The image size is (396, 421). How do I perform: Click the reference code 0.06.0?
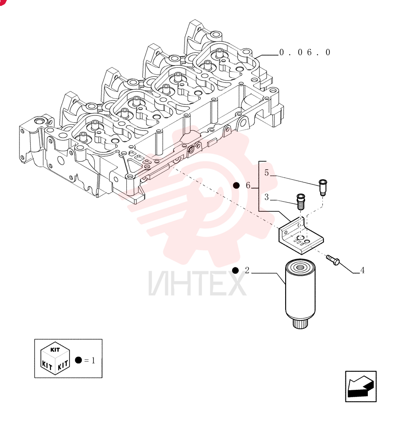305,52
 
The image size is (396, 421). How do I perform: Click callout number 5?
267,173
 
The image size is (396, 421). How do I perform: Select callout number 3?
267,197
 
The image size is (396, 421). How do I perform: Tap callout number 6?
248,185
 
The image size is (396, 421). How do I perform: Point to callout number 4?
362,270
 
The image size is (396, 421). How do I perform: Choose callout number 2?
247,270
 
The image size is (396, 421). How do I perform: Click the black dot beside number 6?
236,186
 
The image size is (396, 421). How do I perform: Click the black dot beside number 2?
235,270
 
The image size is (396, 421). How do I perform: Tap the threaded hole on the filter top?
299,267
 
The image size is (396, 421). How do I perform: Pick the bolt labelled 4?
333,260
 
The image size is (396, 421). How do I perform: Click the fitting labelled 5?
323,187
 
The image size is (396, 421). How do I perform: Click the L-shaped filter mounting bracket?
300,236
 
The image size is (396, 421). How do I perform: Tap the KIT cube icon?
55,358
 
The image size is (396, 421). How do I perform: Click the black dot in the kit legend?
78,360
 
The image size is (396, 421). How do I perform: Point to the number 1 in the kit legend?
93,360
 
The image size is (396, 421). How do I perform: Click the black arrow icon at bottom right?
361,386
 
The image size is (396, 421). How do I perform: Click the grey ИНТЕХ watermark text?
197,283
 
